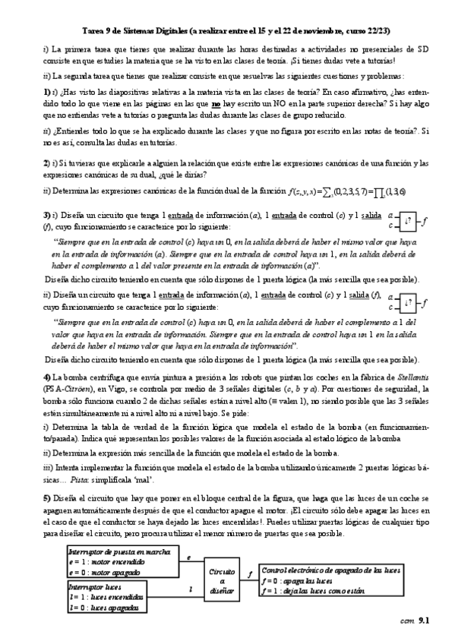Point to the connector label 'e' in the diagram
click(188, 557)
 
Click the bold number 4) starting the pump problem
click(47, 377)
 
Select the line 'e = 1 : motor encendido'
click(91, 560)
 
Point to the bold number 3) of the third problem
click(47, 216)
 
